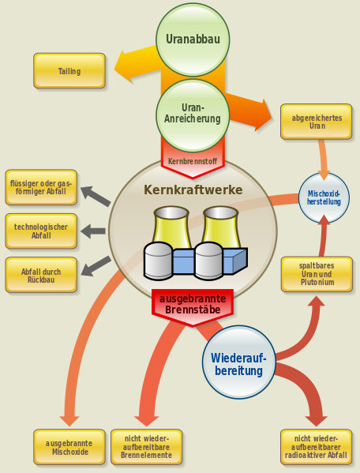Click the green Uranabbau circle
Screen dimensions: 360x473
193,39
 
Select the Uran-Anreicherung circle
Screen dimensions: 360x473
193,115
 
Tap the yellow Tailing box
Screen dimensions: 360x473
69,71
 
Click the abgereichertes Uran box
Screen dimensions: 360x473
317,122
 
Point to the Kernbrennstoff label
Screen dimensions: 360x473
193,161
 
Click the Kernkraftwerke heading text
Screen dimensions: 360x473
193,190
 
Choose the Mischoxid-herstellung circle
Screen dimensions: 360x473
324,197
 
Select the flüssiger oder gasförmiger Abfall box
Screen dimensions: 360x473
41,187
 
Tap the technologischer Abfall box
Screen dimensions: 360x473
41,231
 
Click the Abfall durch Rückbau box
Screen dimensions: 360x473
41,275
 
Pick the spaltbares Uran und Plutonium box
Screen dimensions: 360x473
317,274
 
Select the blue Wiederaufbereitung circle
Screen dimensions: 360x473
238,362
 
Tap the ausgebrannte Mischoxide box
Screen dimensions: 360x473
69,447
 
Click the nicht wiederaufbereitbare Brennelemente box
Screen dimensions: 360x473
147,447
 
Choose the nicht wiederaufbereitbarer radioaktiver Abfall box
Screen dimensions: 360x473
317,447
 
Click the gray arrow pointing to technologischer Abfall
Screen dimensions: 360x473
93,231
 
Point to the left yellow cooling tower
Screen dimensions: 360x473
171,227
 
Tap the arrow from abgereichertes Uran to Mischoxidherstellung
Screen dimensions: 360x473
323,160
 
